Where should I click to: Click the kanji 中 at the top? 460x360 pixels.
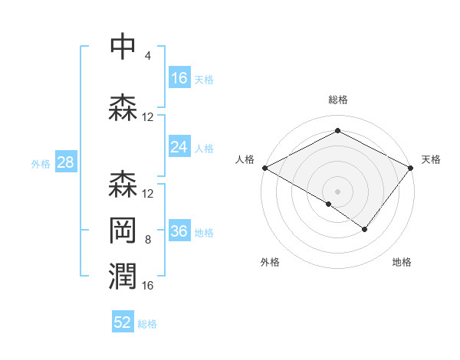123,46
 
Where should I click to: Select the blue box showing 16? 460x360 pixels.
179,78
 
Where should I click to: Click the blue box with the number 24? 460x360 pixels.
179,148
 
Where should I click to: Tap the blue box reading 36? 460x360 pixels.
179,232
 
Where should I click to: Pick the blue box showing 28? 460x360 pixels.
65,162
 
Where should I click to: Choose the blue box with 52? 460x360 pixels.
123,322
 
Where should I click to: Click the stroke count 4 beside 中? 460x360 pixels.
147,56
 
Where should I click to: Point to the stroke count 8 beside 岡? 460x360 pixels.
147,240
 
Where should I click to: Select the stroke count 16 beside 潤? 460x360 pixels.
148,286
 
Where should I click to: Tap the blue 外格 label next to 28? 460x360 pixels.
41,163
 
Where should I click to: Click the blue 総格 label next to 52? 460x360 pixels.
148,324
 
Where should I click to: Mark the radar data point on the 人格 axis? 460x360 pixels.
264,168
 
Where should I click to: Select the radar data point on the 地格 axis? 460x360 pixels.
365,229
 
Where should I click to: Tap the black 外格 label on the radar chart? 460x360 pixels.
270,262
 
